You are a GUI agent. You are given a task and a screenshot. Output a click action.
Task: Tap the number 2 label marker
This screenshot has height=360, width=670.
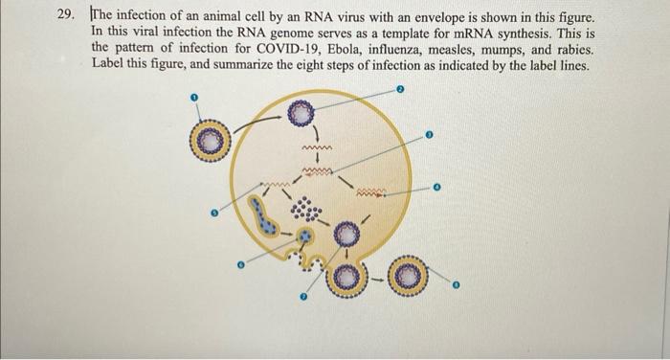[x=402, y=88]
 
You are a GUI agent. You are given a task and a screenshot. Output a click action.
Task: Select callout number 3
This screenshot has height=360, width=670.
[x=430, y=135]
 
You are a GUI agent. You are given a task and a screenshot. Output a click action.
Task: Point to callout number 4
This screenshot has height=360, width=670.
[x=436, y=187]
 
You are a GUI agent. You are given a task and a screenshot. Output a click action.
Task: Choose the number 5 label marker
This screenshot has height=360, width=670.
[x=213, y=214]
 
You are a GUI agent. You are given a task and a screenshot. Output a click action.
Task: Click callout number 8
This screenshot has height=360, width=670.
[x=457, y=284]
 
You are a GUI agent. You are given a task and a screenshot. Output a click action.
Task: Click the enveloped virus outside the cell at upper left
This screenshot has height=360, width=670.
[x=213, y=143]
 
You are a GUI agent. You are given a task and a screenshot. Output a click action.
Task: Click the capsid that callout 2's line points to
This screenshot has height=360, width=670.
[x=302, y=113]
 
